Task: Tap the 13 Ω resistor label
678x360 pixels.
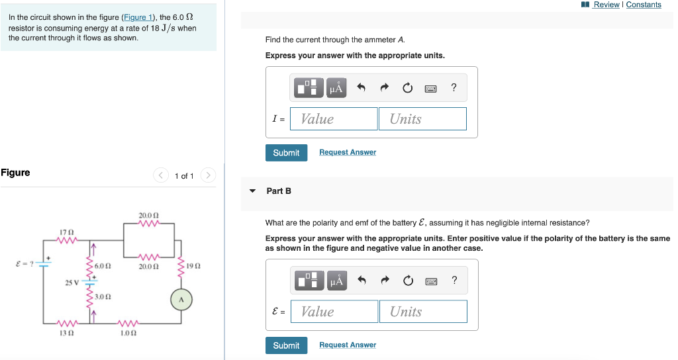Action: [66, 333]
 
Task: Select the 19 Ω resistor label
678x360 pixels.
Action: [193, 265]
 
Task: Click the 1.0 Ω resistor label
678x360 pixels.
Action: [128, 333]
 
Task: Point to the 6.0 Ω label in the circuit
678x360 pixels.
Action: [103, 265]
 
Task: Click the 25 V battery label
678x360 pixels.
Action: [72, 283]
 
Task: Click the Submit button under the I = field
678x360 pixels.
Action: [286, 153]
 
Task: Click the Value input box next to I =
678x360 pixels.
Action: [334, 119]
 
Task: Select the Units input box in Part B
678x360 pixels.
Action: [422, 312]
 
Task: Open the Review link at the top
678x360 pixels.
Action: [606, 5]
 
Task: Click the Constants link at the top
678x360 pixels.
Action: [644, 5]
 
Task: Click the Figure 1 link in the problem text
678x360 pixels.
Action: [137, 17]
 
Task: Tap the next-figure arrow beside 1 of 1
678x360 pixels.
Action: [208, 175]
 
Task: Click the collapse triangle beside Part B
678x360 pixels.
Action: [252, 191]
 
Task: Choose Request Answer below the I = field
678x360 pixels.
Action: [347, 152]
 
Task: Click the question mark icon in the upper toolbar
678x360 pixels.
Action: [454, 87]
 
